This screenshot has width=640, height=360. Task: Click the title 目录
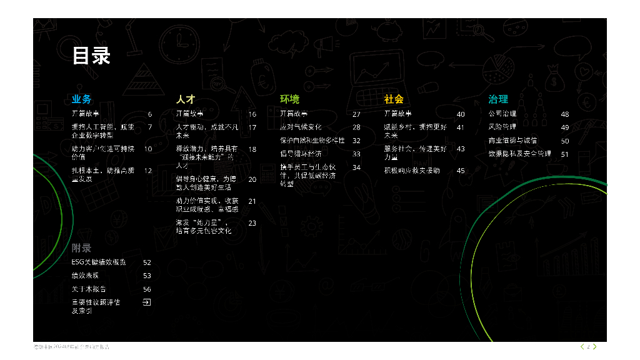tap(91, 56)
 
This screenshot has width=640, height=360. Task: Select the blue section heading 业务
tap(81, 99)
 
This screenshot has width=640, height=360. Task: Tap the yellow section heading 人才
tap(186, 99)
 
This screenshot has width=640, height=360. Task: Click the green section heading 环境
tap(289, 99)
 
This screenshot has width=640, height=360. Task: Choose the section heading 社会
tap(394, 99)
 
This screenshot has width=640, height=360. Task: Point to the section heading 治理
tap(498, 99)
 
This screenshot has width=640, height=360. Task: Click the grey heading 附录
tap(81, 248)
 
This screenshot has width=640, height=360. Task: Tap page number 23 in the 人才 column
tap(252, 223)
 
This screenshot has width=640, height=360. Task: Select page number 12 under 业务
tap(148, 171)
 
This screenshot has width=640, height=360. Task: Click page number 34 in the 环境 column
tap(356, 167)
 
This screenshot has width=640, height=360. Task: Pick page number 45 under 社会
tap(461, 171)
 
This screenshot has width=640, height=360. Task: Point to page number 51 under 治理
tap(565, 154)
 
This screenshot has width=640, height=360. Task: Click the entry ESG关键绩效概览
tap(99, 262)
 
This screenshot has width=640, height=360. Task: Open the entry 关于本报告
tap(89, 289)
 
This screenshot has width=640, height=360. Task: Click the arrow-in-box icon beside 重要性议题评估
tap(147, 302)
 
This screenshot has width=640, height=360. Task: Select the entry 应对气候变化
tap(301, 127)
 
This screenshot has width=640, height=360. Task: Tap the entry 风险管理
tap(502, 127)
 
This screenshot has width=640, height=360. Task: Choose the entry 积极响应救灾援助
tap(412, 171)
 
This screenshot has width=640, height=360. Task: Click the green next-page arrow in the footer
tap(594, 346)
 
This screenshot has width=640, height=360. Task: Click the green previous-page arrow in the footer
tap(582, 346)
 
